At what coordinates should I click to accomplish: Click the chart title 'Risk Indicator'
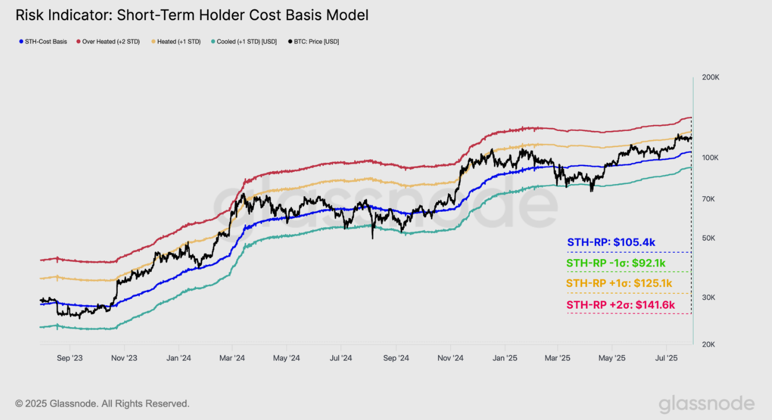coord(192,15)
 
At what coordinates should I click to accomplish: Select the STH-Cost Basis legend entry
coord(46,42)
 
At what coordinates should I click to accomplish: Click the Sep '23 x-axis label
coord(70,358)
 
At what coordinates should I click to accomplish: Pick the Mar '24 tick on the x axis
coord(232,358)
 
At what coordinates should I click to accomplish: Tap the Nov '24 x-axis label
coord(451,358)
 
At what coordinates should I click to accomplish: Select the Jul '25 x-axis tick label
coord(666,358)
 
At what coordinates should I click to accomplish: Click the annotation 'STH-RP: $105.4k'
coord(611,242)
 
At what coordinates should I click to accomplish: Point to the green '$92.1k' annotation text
coord(649,263)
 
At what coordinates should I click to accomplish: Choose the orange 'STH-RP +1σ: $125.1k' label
coord(619,283)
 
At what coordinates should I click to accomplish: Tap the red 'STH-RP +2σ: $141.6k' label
coord(620,305)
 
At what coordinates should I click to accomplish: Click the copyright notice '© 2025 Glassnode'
coord(102,404)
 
